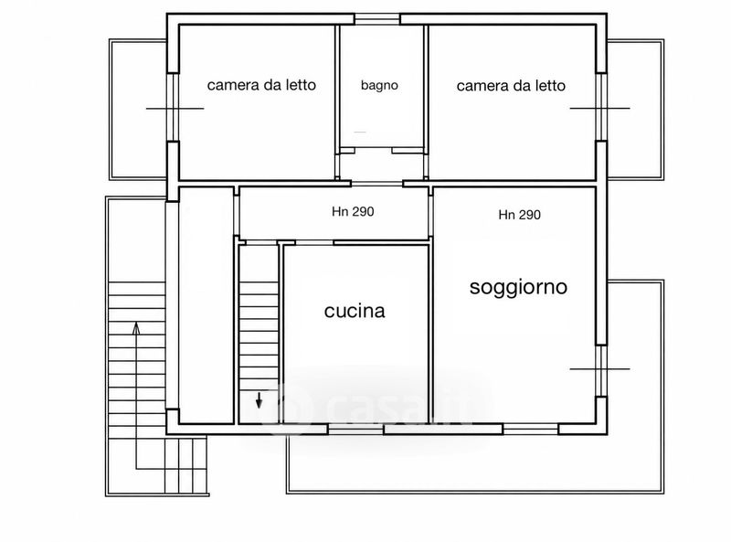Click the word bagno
(x=379, y=85)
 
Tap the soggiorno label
(x=518, y=287)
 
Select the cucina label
(x=355, y=311)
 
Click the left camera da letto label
(x=261, y=85)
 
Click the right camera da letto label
(x=511, y=85)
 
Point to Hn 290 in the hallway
(x=353, y=212)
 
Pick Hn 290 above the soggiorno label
(x=519, y=215)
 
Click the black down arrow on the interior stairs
(x=259, y=400)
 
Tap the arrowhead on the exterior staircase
(x=136, y=328)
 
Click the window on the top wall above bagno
(x=376, y=19)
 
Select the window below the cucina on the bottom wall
(x=355, y=430)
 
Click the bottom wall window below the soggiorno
(x=531, y=430)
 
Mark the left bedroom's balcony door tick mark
(x=175, y=109)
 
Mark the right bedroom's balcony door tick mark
(x=600, y=108)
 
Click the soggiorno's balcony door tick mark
(x=600, y=369)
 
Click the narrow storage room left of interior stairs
(x=207, y=305)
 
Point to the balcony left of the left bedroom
(x=138, y=110)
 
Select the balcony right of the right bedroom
(x=635, y=109)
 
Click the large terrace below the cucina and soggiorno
(x=475, y=463)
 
